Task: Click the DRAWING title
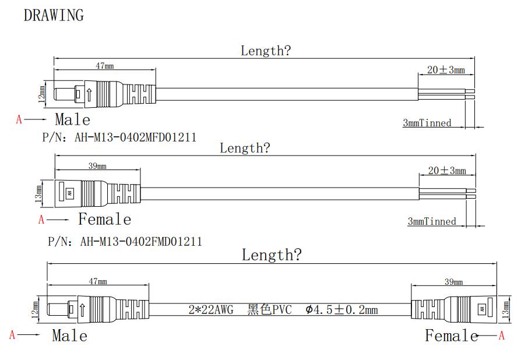[x=54, y=16]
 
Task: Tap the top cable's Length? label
[x=266, y=51]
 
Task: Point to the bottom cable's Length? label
[x=272, y=255]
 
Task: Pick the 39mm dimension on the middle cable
[x=97, y=166]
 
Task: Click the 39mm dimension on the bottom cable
[x=454, y=282]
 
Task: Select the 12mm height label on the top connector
[x=41, y=94]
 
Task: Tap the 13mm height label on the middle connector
[x=39, y=192]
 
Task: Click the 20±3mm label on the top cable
[x=446, y=70]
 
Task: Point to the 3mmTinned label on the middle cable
[x=432, y=221]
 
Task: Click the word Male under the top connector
[x=73, y=120]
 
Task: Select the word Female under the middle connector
[x=105, y=220]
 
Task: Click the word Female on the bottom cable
[x=451, y=336]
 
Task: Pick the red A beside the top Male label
[x=19, y=119]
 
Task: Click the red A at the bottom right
[x=501, y=336]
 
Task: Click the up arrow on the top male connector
[x=88, y=94]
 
